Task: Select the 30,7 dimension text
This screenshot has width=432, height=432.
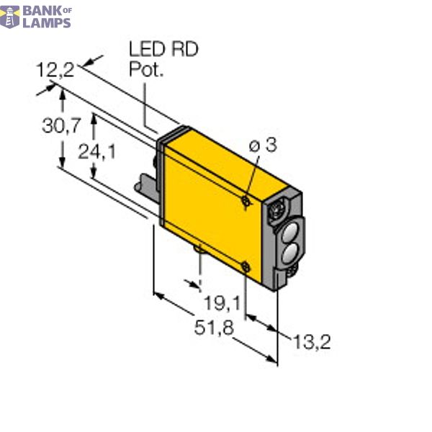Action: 61,127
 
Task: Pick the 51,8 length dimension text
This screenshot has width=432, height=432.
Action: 214,328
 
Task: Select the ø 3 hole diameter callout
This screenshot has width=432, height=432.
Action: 263,145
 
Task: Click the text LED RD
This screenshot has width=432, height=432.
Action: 163,50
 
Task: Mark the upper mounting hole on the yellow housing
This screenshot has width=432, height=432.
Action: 246,202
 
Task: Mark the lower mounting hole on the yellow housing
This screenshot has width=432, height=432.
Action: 246,268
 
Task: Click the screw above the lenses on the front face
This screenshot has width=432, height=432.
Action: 275,210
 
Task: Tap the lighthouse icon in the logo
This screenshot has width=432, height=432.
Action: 9,15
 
